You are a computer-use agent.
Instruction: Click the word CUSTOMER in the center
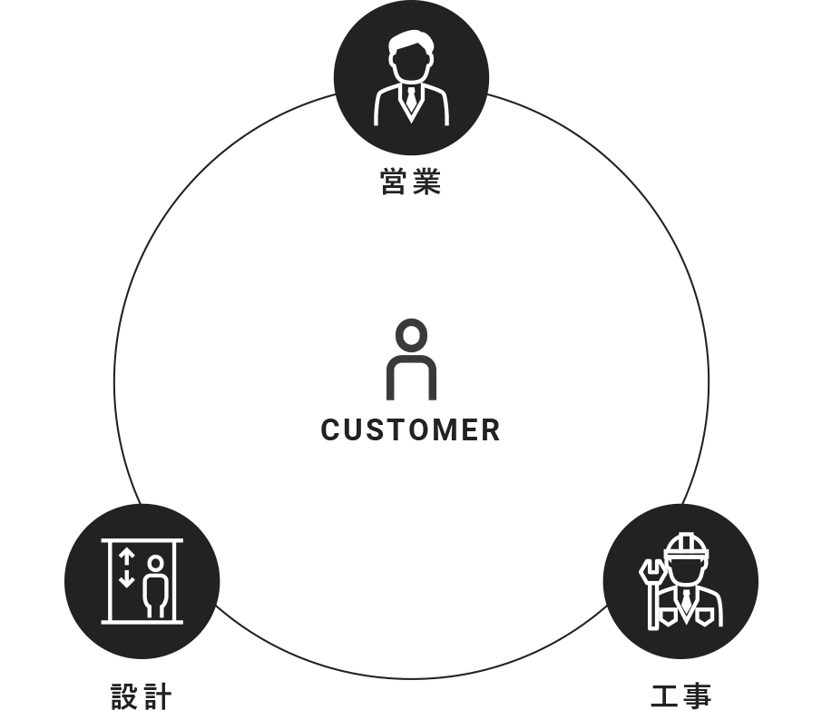(410, 429)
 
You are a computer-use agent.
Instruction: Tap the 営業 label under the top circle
(410, 182)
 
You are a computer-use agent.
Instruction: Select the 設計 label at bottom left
(142, 695)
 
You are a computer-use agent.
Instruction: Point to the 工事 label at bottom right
(681, 695)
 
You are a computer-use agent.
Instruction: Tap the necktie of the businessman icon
(412, 100)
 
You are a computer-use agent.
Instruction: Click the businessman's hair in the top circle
(412, 43)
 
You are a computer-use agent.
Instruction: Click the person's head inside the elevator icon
(156, 564)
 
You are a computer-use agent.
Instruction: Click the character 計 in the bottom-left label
(157, 695)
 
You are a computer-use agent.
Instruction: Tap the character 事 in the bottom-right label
(697, 695)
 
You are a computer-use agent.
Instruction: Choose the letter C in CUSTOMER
(330, 429)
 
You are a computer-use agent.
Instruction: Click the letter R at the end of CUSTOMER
(491, 429)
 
